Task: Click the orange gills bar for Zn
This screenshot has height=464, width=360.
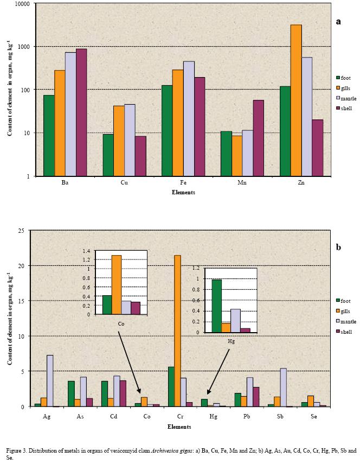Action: [296, 100]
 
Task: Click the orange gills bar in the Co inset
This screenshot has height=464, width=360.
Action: [116, 284]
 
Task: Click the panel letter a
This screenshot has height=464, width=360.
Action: [338, 22]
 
